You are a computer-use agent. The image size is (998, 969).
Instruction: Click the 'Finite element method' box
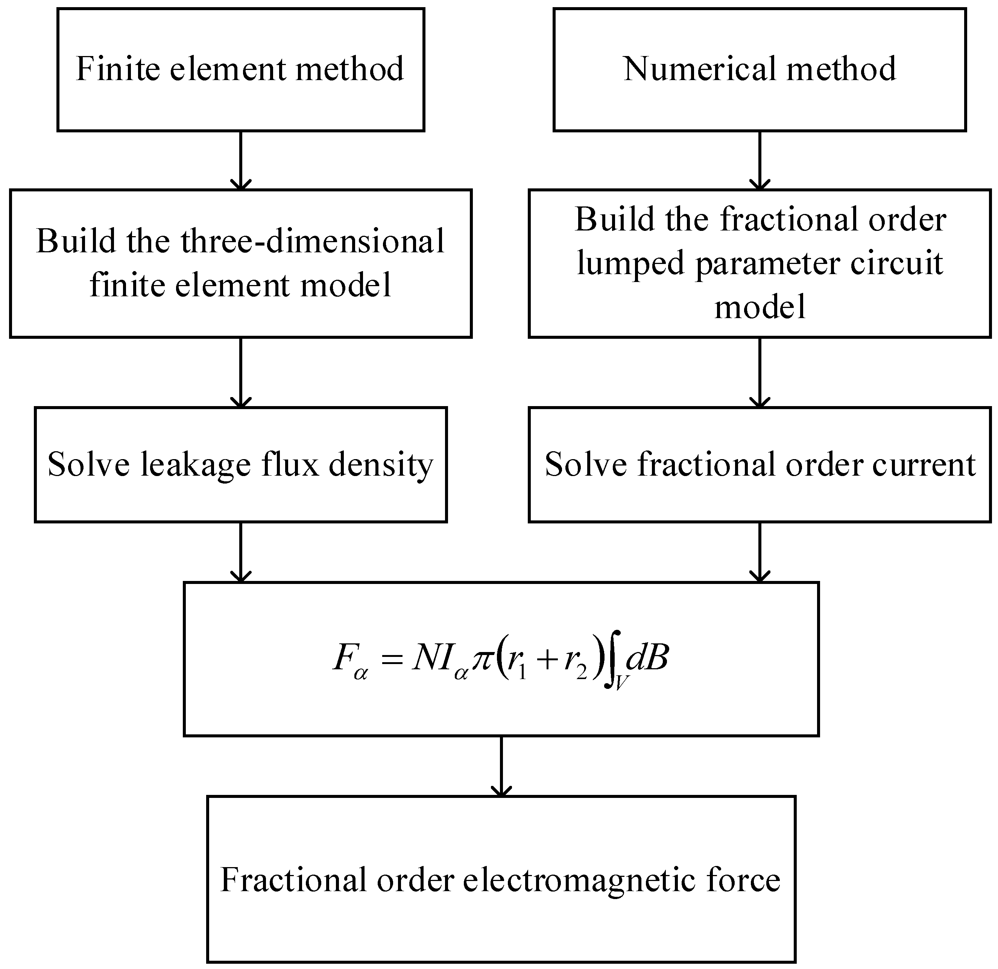point(240,70)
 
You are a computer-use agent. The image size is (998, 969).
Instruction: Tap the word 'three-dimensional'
point(312,241)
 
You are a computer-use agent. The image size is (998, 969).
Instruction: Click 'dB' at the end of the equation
point(647,658)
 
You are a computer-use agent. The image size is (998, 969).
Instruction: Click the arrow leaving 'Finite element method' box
point(240,160)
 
